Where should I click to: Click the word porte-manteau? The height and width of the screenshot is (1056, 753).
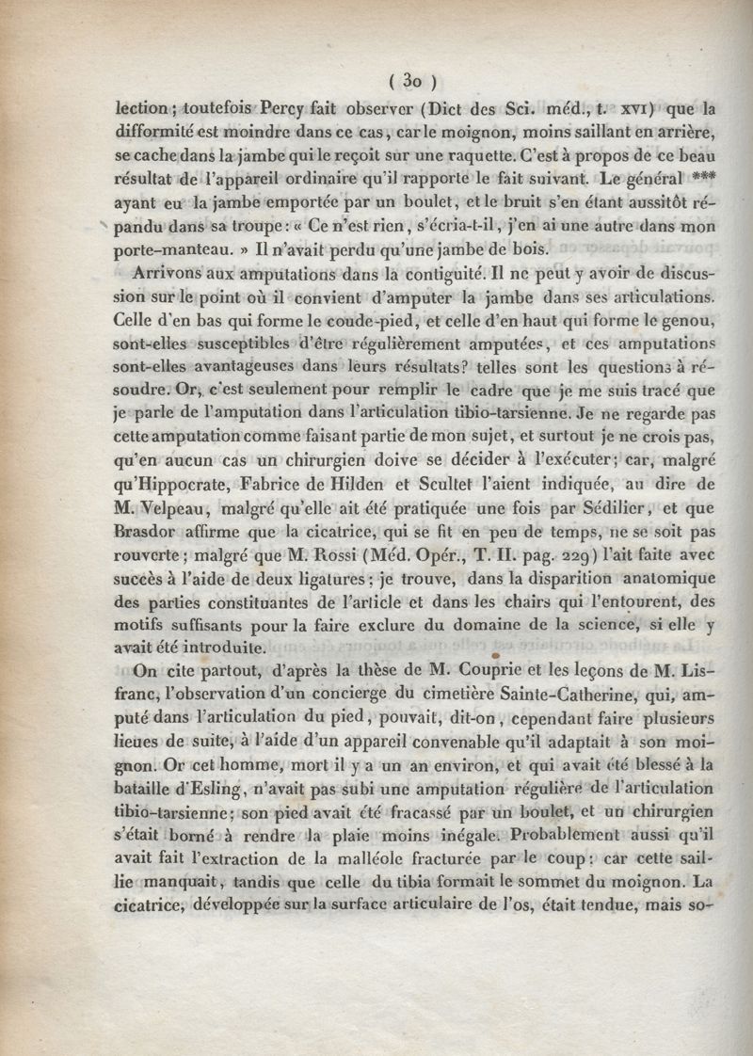(172, 249)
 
